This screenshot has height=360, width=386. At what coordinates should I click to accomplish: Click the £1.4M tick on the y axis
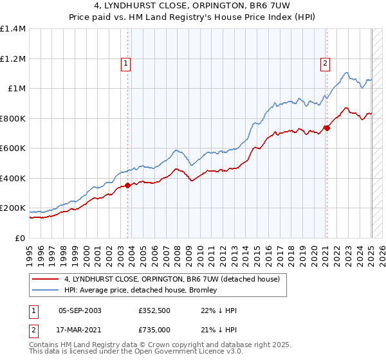pyautogui.click(x=13, y=29)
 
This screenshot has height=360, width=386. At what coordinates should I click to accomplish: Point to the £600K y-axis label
pyautogui.click(x=13, y=148)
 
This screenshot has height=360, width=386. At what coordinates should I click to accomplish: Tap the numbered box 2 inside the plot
pyautogui.click(x=326, y=63)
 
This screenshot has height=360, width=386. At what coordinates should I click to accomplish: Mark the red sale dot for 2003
pyautogui.click(x=128, y=186)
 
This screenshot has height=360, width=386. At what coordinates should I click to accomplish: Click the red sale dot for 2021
pyautogui.click(x=327, y=128)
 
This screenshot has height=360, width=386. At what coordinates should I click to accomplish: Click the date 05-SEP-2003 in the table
pyautogui.click(x=80, y=310)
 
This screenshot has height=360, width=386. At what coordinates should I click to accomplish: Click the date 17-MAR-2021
pyautogui.click(x=80, y=330)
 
